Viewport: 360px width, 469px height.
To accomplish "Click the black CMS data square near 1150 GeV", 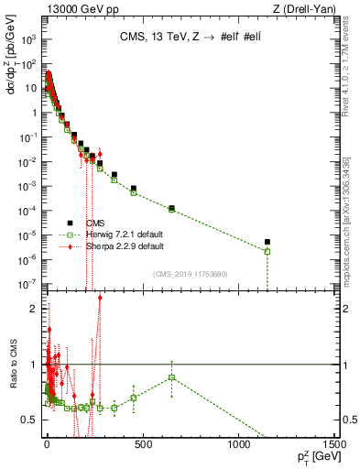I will point(267,243).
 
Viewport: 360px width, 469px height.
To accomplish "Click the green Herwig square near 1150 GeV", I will point(267,251).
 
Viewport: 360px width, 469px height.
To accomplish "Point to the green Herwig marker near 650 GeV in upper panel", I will point(171,209).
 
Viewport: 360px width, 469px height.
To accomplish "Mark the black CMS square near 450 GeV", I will point(133,189).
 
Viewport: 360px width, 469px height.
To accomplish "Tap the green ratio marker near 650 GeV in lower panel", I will point(171,377).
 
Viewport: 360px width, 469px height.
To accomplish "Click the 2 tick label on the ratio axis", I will point(36,309).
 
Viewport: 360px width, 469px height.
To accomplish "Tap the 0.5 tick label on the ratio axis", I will point(32,420).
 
